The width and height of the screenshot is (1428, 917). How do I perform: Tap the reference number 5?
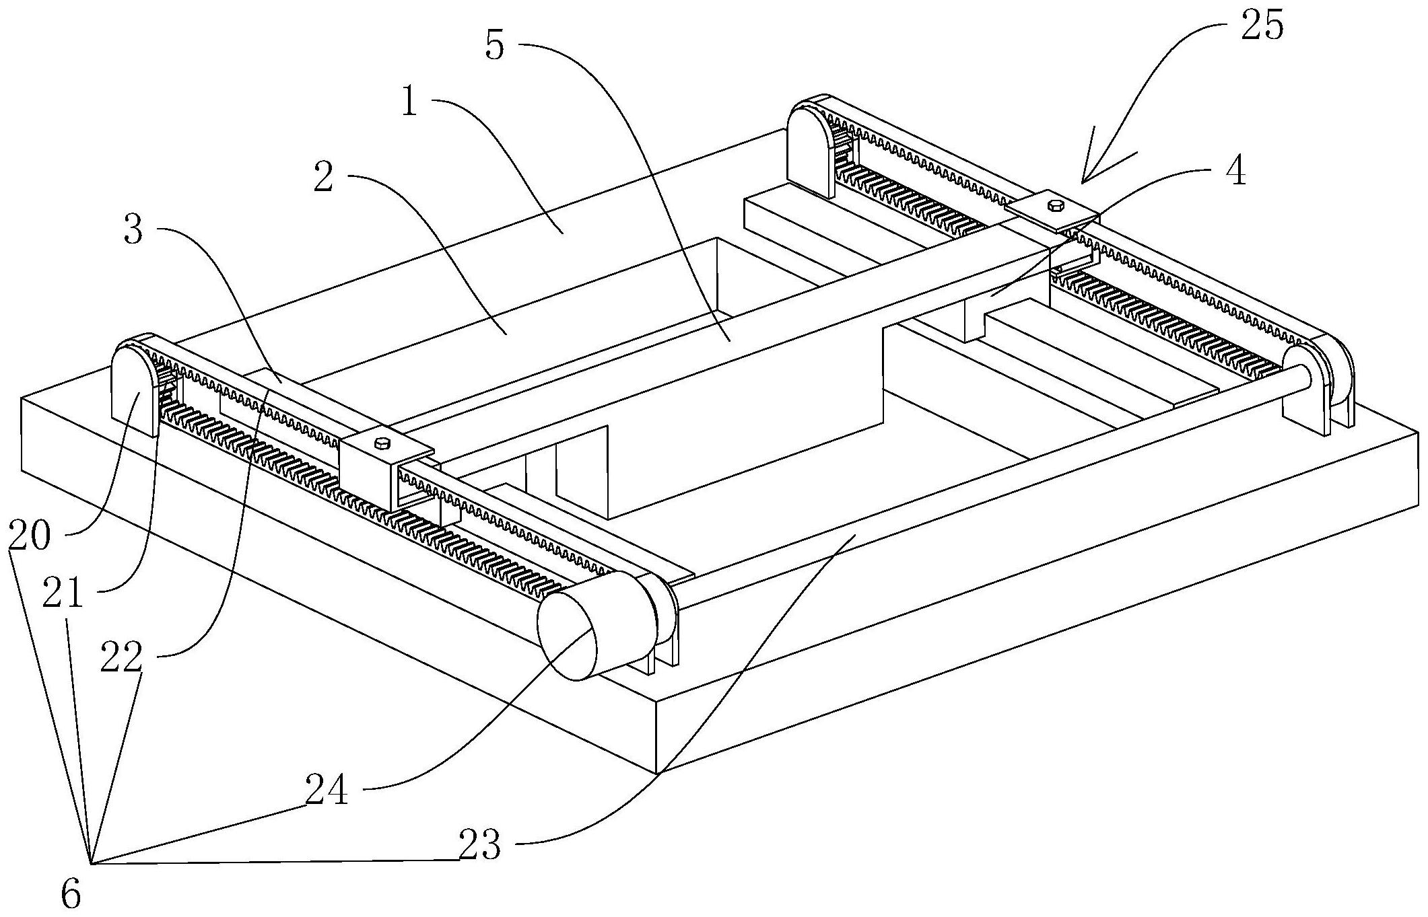494,46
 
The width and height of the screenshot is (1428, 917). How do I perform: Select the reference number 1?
409,104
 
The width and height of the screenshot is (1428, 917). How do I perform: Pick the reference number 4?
1235,172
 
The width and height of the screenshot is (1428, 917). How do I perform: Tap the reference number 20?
30,536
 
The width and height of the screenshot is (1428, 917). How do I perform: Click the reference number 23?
479,845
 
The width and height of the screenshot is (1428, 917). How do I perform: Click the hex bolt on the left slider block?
382,442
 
